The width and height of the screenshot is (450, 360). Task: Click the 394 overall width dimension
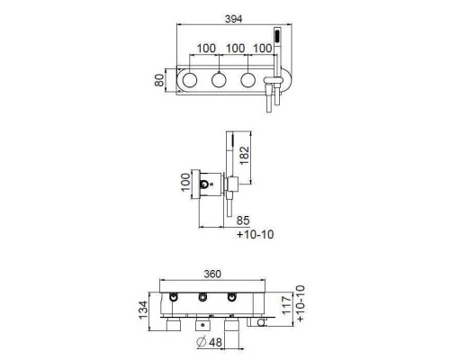point(233,19)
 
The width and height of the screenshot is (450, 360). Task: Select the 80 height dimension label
point(159,80)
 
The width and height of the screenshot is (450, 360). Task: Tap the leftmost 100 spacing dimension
point(206,49)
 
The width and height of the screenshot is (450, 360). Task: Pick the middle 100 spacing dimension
point(235,49)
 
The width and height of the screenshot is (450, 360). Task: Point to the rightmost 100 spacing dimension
point(263,49)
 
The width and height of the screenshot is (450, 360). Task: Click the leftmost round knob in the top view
point(190,80)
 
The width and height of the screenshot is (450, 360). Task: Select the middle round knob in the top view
point(219,80)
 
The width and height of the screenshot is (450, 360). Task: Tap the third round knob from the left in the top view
point(248,80)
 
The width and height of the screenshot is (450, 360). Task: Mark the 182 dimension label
point(245,155)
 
